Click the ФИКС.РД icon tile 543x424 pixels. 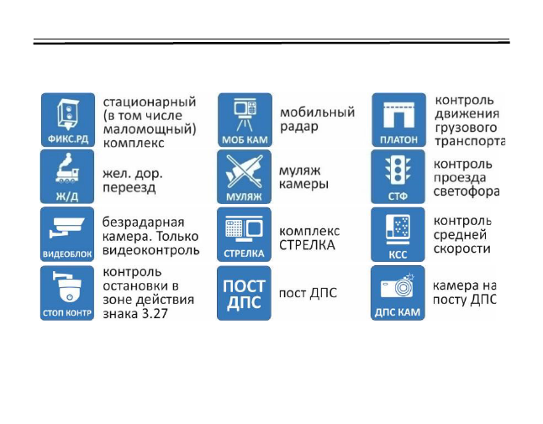pos(68,120)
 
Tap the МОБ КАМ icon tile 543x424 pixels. pos(244,120)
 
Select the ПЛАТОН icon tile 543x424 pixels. pos(399,120)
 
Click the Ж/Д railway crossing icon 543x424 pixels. pos(68,177)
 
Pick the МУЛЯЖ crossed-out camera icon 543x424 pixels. pos(244,177)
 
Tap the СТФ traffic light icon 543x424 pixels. pos(399,177)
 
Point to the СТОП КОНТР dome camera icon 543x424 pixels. pos(68,293)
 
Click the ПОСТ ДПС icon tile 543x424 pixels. pos(244,293)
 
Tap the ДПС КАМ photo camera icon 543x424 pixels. pos(399,293)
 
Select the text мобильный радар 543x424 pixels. pos(317,118)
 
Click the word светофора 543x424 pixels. pos(467,191)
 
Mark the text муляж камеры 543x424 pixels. pos(303,177)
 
